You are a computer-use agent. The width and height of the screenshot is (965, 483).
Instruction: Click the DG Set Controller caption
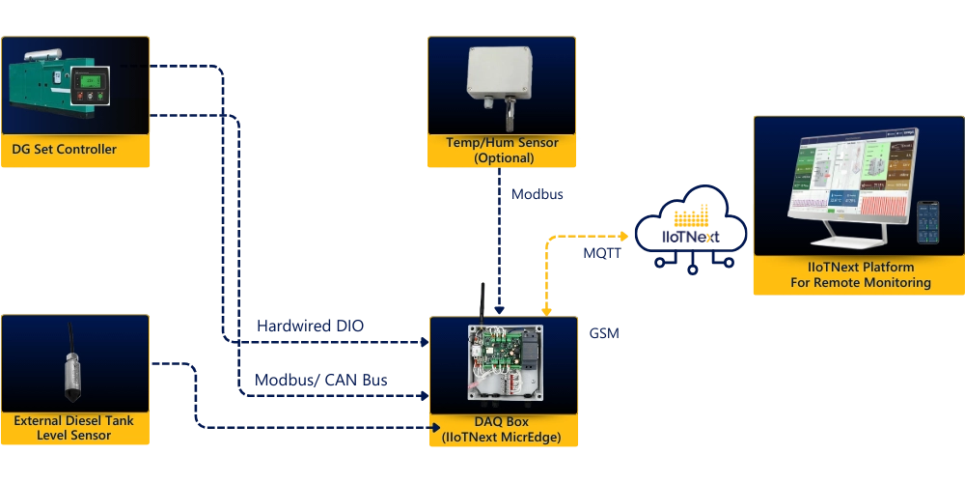click(x=65, y=149)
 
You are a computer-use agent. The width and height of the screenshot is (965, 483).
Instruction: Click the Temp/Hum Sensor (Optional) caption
click(x=502, y=150)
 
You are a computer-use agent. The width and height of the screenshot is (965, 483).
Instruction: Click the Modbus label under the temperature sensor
click(x=536, y=194)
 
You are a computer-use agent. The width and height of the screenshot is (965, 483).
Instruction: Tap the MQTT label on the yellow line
click(x=602, y=256)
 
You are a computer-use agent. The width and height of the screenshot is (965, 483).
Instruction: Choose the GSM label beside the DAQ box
click(x=606, y=333)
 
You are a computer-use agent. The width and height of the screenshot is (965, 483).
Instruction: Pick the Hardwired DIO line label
click(x=312, y=326)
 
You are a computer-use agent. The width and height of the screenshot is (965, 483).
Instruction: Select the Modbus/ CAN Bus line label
click(x=323, y=379)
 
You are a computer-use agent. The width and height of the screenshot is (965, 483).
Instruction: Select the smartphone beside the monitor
click(x=928, y=222)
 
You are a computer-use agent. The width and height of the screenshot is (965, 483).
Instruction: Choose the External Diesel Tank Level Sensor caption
click(x=74, y=428)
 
